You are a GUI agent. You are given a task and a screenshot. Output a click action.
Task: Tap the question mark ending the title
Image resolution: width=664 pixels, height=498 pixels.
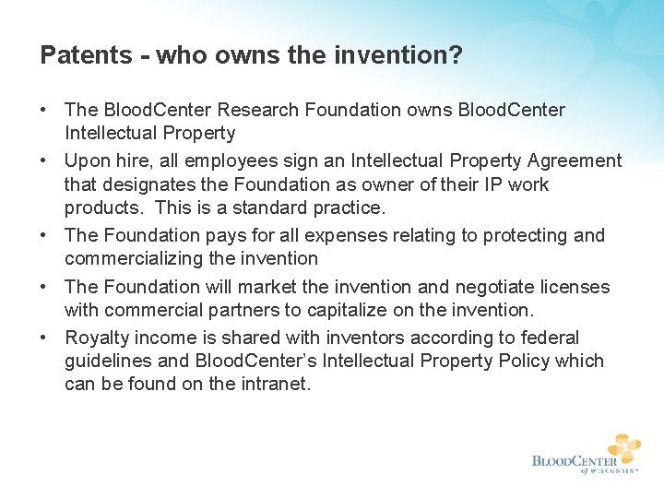click(456, 55)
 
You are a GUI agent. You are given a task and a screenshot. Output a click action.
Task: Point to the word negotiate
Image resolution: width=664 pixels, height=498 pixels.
click(499, 287)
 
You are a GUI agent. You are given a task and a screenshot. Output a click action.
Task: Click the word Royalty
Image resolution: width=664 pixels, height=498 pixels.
click(97, 338)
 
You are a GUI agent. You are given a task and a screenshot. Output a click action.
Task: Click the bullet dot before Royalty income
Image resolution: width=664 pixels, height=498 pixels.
click(44, 338)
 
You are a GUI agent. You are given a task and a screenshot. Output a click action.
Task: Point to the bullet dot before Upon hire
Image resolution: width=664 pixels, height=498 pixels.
click(44, 160)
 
